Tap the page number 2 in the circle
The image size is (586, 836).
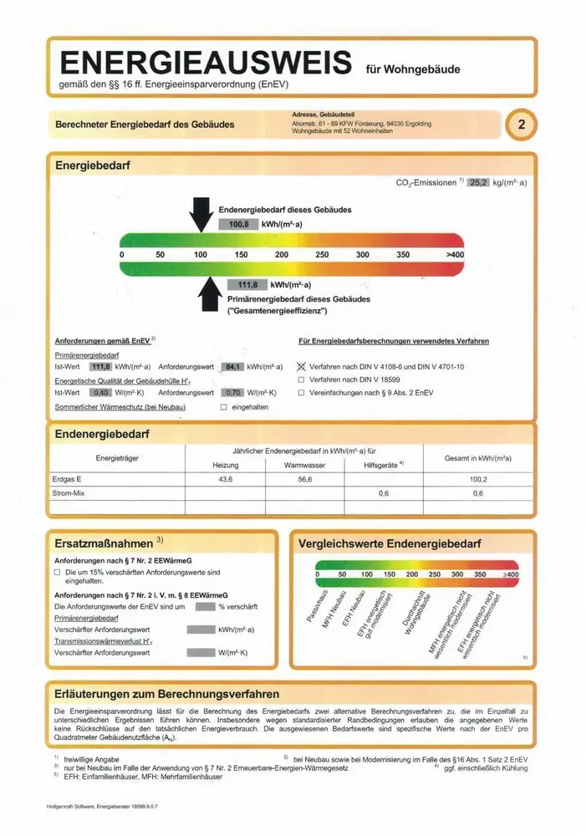(522, 126)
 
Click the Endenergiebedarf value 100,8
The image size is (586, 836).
(240, 224)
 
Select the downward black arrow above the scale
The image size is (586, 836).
(201, 214)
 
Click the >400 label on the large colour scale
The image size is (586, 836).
(455, 254)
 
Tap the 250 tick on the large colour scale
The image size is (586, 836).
(322, 254)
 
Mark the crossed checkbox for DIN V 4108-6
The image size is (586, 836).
(302, 366)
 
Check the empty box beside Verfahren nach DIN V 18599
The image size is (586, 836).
(302, 380)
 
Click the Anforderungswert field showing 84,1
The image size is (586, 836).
(233, 366)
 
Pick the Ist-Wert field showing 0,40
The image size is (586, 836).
(100, 392)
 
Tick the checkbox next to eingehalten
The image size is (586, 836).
(223, 407)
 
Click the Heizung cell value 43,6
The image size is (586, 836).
(225, 479)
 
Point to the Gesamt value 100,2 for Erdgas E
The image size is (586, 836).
(477, 479)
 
